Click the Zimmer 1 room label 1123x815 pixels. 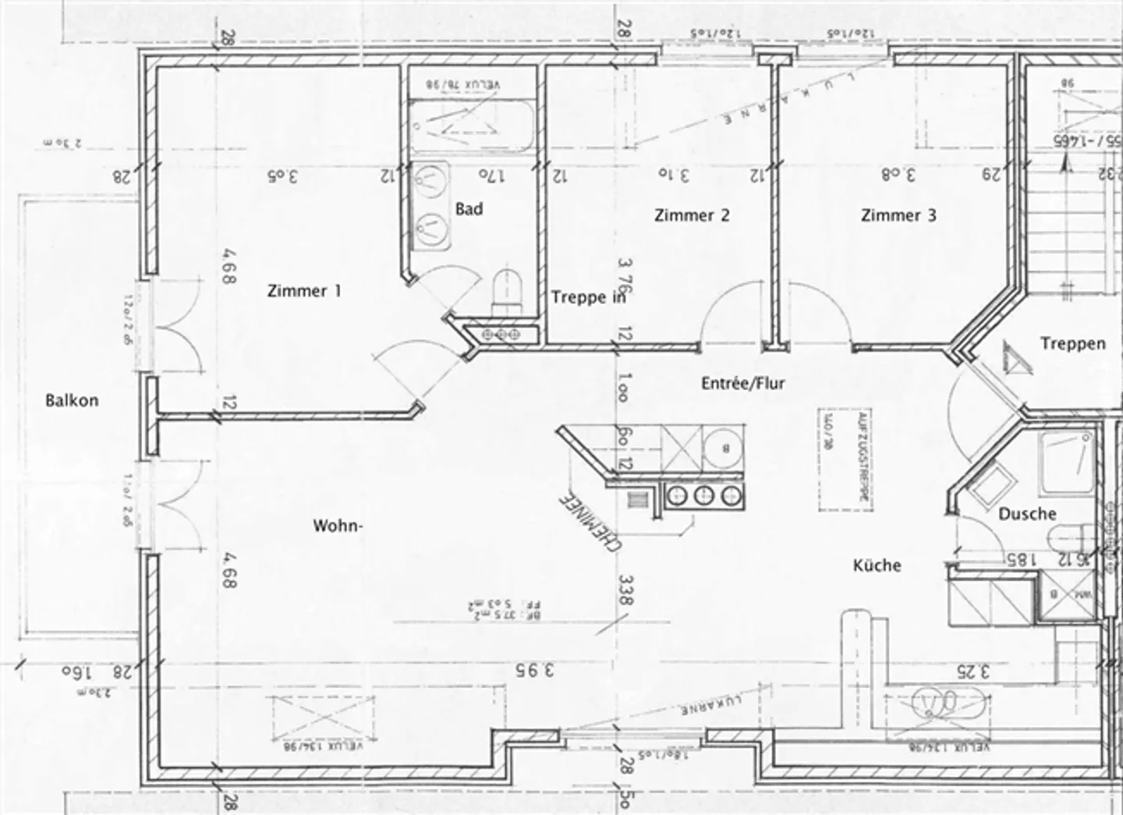(303, 291)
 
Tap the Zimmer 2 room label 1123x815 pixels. (692, 215)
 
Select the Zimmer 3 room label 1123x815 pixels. (898, 215)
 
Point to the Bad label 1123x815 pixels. (469, 209)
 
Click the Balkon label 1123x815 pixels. (72, 401)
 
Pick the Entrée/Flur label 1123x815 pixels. (742, 383)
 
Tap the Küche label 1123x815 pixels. (877, 565)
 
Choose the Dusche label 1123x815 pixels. (1027, 514)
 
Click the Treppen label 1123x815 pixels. (1072, 343)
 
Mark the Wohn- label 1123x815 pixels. (338, 526)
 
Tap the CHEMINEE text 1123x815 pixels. (590, 523)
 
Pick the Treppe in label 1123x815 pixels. (588, 297)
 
